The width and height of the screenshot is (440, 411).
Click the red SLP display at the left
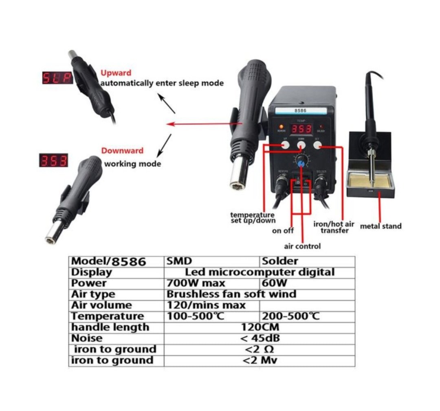[x=57, y=77]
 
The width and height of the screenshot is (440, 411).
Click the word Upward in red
[x=116, y=73]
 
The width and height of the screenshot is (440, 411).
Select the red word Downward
[x=122, y=150]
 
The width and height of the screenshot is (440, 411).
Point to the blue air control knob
[x=301, y=162]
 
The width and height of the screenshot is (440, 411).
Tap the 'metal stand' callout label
[x=381, y=226]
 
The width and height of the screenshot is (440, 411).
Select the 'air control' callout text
[x=302, y=246]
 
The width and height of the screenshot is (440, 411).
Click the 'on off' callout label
[x=283, y=231]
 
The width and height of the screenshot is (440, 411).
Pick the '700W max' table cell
[x=196, y=283]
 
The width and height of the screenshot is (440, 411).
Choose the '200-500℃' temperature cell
[x=290, y=316]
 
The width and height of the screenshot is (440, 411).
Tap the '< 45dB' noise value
[x=260, y=338]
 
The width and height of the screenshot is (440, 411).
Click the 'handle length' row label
[x=110, y=327]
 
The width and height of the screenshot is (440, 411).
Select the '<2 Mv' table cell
[x=260, y=360]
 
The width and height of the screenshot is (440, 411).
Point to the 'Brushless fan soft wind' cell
[x=231, y=294]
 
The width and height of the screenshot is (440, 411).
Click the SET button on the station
[x=317, y=144]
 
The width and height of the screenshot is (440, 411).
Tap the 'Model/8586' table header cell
[x=108, y=261]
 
